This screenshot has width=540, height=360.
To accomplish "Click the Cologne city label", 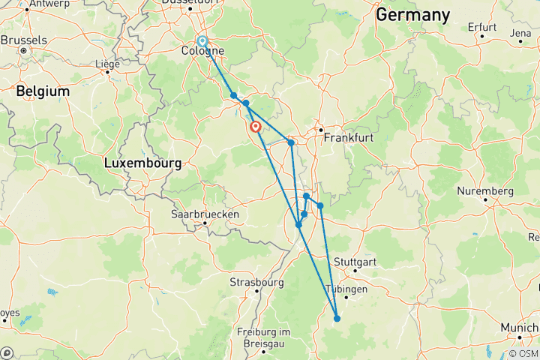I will click(x=202, y=52).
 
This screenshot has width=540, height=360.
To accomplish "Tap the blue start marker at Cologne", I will click(x=202, y=42).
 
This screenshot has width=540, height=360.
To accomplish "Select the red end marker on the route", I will click(x=256, y=127).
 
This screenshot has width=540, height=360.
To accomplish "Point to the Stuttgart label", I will click(x=353, y=262).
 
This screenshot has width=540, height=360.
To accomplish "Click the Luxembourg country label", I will click(x=142, y=163).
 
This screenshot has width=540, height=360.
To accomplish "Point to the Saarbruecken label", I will click(x=205, y=214).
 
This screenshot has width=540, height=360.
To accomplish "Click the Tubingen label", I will click(x=346, y=289).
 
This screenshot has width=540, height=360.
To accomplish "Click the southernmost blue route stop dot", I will click(x=337, y=319).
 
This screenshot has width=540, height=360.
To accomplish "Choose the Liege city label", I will click(x=107, y=64).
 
